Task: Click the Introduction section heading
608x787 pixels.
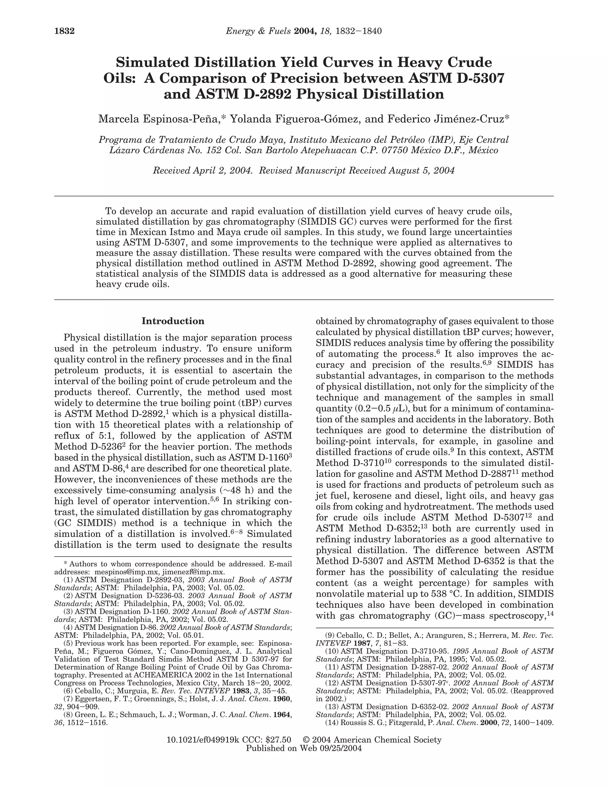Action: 173,321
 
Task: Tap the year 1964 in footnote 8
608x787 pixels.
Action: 282,714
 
